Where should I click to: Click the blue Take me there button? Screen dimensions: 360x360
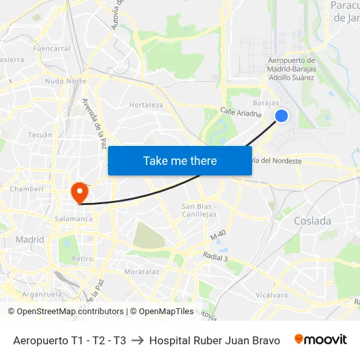[x=180, y=161]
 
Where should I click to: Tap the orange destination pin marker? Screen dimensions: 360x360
[x=79, y=192]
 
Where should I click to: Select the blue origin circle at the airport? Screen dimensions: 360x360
[x=281, y=116]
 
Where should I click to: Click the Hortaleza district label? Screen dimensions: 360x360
[x=146, y=105]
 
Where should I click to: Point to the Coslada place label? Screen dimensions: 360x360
[x=312, y=221]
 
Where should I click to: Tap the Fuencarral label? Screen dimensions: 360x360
[x=51, y=48]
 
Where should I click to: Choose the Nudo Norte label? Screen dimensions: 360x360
[x=65, y=81]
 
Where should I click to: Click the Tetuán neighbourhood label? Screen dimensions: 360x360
[x=40, y=135]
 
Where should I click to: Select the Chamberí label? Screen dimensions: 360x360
[x=26, y=189]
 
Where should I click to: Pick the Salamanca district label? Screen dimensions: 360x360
[x=74, y=219]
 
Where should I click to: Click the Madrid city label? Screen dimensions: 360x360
[x=30, y=240]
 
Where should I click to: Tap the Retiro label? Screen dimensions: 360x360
[x=82, y=259]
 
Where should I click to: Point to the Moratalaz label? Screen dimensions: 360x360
[x=142, y=271]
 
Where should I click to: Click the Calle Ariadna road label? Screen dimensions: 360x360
[x=240, y=113]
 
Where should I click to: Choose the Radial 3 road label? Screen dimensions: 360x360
[x=215, y=258]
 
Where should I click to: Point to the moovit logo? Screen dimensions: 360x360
[x=320, y=340]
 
